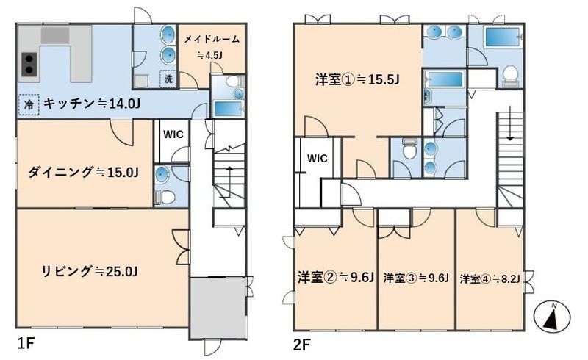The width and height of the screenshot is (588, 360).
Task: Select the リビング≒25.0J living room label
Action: pyautogui.click(x=90, y=272)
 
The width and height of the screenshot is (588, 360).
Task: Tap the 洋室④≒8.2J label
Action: pyautogui.click(x=490, y=278)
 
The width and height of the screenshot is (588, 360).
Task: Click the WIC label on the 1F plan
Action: pyautogui.click(x=173, y=134)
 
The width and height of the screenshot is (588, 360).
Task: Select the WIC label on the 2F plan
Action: pyautogui.click(x=317, y=158)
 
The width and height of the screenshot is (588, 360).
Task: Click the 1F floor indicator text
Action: pyautogui.click(x=26, y=342)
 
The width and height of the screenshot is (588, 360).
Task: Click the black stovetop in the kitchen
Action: pyautogui.click(x=29, y=64)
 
